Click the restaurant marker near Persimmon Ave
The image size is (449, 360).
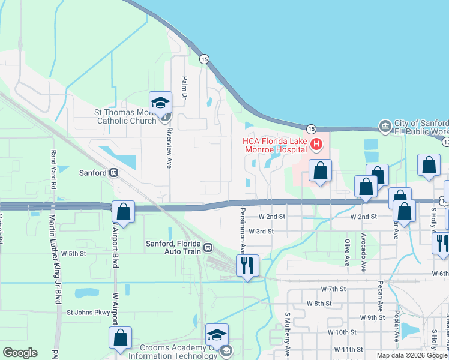(247, 265)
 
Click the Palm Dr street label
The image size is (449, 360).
(185, 88)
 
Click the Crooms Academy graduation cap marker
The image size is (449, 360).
(217, 335)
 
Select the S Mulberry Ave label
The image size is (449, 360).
(288, 343)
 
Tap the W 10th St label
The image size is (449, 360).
(343, 332)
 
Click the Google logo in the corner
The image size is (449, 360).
(20, 353)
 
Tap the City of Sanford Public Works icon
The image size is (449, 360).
(385, 126)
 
